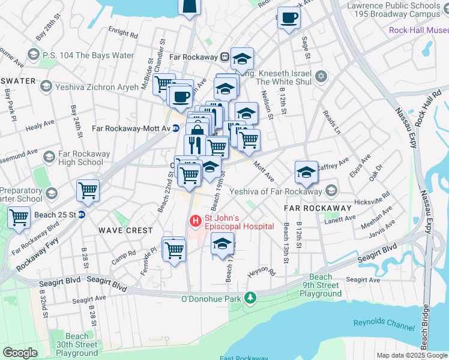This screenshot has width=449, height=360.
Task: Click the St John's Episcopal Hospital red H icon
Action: tap(196, 221)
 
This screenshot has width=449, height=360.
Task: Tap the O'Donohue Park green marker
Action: tap(253, 298)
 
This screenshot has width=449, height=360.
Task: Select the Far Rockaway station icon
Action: tap(224, 58)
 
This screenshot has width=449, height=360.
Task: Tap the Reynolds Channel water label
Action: tap(384, 325)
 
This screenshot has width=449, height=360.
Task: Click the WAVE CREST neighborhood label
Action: tap(127, 230)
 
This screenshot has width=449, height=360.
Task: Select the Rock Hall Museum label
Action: tap(418, 30)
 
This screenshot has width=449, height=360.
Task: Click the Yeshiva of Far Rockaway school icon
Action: tap(330, 191)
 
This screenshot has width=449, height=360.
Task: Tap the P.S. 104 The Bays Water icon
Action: tap(33, 56)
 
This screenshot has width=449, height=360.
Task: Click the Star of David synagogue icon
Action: tap(321, 76)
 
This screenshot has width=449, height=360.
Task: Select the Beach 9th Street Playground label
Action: tap(321, 285)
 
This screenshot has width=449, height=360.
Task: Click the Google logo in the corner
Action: tap(20, 353)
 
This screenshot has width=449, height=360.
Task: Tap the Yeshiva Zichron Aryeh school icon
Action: tap(45, 87)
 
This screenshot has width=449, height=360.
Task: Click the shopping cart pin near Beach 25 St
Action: tap(88, 191)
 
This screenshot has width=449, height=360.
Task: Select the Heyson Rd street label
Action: tap(261, 272)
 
